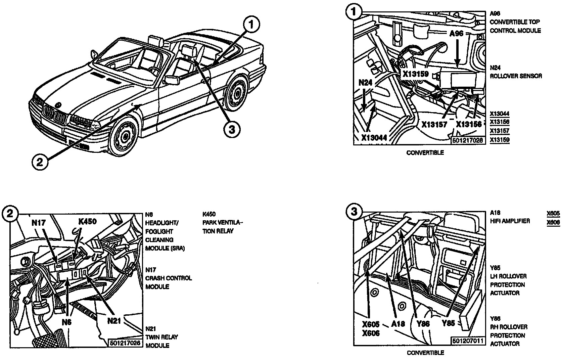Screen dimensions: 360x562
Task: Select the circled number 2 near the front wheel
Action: [40, 162]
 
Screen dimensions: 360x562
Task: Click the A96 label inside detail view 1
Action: [456, 34]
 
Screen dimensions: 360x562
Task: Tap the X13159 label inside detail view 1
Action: [416, 74]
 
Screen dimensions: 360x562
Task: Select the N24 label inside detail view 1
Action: [365, 82]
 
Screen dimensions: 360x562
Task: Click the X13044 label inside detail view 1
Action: [374, 137]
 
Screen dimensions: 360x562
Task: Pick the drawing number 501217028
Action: [467, 140]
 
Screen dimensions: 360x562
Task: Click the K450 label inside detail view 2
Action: [87, 221]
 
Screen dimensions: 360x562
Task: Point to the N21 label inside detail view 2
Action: [114, 321]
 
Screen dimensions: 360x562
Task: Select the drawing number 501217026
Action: [125, 343]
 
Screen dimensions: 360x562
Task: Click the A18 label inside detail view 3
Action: [398, 324]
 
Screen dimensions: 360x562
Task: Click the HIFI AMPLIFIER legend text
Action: [509, 221]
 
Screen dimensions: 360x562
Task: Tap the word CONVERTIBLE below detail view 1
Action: [425, 153]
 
